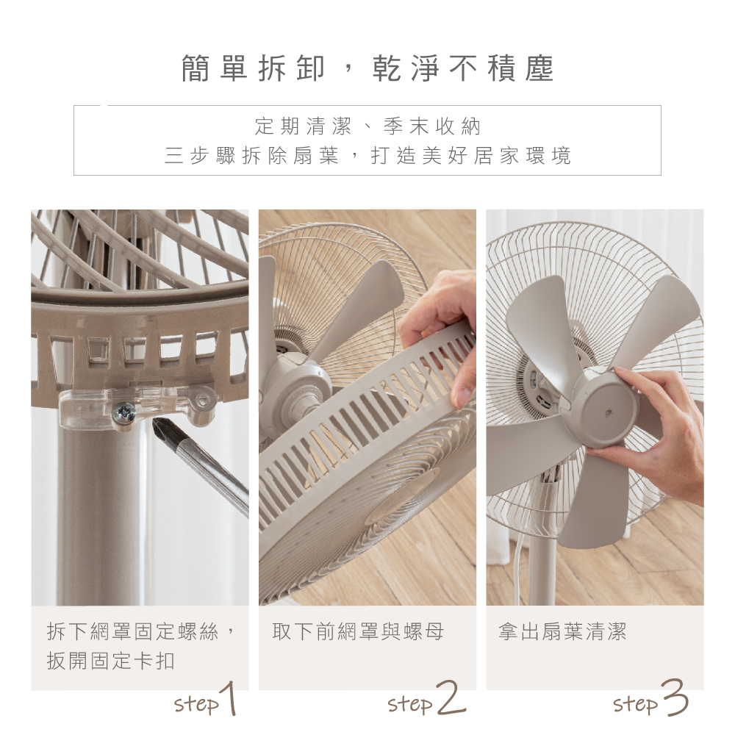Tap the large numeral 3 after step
pos(673,698)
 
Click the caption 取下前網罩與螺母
pos(358,631)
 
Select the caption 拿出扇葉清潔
pos(562,631)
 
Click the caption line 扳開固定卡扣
pos(111,661)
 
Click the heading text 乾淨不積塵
pos(463,69)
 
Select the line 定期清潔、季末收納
pos(367,126)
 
